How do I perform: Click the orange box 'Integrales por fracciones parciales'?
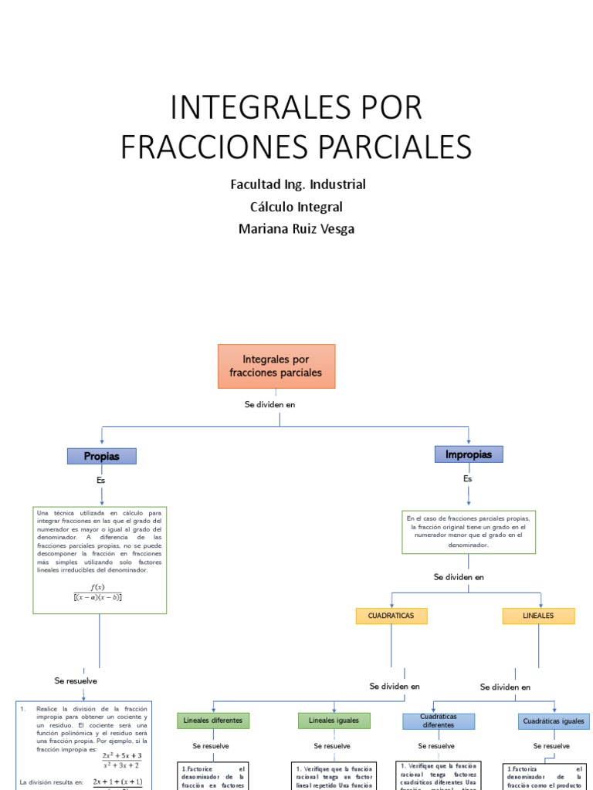pyautogui.click(x=276, y=366)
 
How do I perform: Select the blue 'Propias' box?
pyautogui.click(x=102, y=456)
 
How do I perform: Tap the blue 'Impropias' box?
pyautogui.click(x=468, y=454)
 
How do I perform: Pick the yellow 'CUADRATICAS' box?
pyautogui.click(x=391, y=616)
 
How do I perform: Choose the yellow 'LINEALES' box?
pyautogui.click(x=538, y=616)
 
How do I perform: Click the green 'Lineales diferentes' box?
pyautogui.click(x=213, y=721)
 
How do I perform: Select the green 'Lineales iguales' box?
pyautogui.click(x=334, y=721)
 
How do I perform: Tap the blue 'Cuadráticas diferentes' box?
pyautogui.click(x=439, y=721)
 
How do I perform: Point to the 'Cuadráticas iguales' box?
pyautogui.click(x=553, y=721)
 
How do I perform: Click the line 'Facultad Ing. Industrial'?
pyautogui.click(x=297, y=184)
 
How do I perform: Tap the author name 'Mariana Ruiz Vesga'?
pyautogui.click(x=297, y=228)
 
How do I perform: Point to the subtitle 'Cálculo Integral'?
pyautogui.click(x=296, y=207)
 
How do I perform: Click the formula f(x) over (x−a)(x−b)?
pyautogui.click(x=98, y=592)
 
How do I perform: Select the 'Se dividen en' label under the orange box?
pyautogui.click(x=270, y=404)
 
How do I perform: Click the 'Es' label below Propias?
pyautogui.click(x=101, y=480)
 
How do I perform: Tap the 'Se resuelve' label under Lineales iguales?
pyautogui.click(x=332, y=746)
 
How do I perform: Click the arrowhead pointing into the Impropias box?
pyautogui.click(x=469, y=441)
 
